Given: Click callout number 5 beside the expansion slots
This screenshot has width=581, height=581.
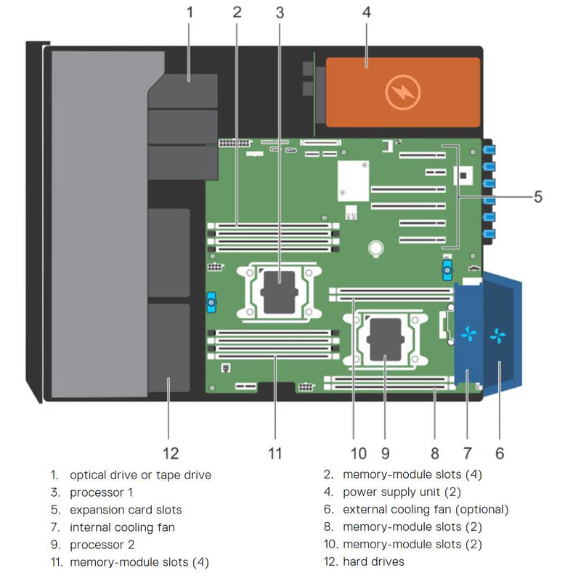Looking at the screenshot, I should [538, 196].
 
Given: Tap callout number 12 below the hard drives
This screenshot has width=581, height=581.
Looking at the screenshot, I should [171, 454].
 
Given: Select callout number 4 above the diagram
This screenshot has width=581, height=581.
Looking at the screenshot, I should [367, 12].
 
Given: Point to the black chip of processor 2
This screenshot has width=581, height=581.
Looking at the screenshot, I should [386, 339].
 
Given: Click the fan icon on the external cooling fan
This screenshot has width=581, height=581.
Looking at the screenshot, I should [498, 336].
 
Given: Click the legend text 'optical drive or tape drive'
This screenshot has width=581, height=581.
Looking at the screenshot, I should [140, 475].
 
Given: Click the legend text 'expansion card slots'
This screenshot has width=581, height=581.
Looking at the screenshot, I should [126, 510].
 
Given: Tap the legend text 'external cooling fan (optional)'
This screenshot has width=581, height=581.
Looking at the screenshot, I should [426, 510].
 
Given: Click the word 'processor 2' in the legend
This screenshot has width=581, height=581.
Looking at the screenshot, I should [102, 544].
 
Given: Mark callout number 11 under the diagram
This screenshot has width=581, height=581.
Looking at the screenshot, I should [275, 454].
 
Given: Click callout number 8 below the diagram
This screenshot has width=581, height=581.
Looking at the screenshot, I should [435, 454].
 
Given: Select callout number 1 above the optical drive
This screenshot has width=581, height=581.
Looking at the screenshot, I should [190, 12].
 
